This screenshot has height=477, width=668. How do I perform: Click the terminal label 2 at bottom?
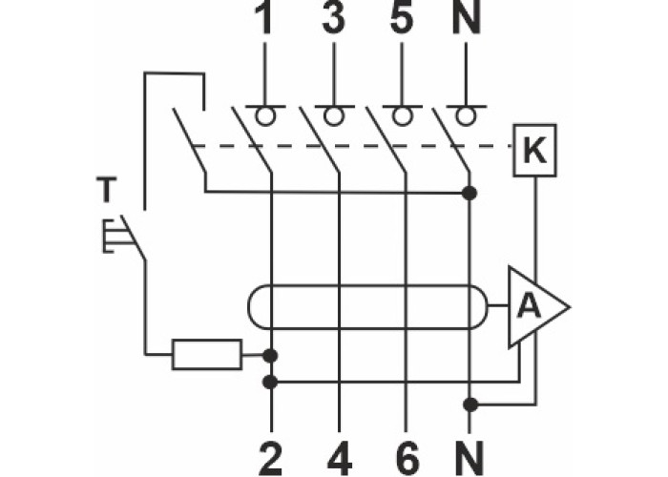click(272, 458)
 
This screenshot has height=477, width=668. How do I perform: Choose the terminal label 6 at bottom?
click(407, 458)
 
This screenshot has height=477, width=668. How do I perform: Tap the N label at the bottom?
click(470, 458)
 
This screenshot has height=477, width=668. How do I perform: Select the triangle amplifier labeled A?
click(532, 307)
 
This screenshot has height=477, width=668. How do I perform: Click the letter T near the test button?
click(106, 190)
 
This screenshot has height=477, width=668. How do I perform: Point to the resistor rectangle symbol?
click(206, 355)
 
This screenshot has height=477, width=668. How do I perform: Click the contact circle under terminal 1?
click(264, 115)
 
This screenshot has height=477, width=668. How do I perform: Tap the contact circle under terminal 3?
click(332, 115)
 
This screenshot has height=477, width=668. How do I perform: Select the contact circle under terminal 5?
click(403, 115)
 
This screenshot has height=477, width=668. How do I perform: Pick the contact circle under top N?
click(465, 115)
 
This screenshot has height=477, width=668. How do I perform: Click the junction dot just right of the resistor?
click(271, 356)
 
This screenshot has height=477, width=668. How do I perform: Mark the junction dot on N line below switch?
click(469, 194)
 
